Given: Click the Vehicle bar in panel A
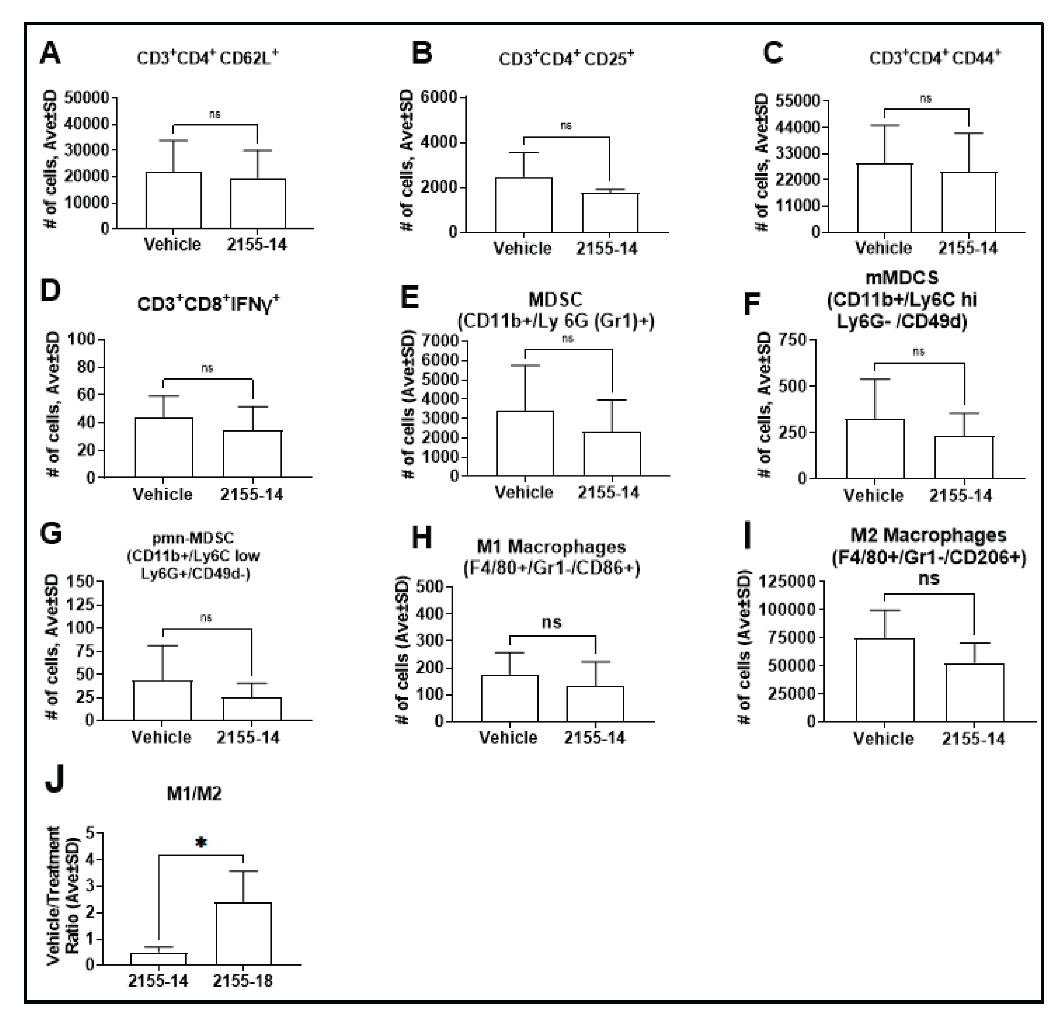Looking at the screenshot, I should point(173,200).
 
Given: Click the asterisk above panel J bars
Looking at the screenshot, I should point(200,842).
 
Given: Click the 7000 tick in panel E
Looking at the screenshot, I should point(443,341).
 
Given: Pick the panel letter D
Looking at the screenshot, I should point(50,291).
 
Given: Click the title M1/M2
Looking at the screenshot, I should point(194,794).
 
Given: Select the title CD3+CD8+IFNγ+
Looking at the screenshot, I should point(208,304).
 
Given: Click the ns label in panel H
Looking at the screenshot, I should point(551,622).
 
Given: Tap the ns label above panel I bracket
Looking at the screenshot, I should point(929,578).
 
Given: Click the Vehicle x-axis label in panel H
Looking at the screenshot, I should point(508,738).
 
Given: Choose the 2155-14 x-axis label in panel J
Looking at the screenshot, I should point(158,981).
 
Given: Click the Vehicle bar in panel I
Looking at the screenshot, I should point(885,680).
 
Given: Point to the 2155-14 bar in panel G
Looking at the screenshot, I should point(251,709).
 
